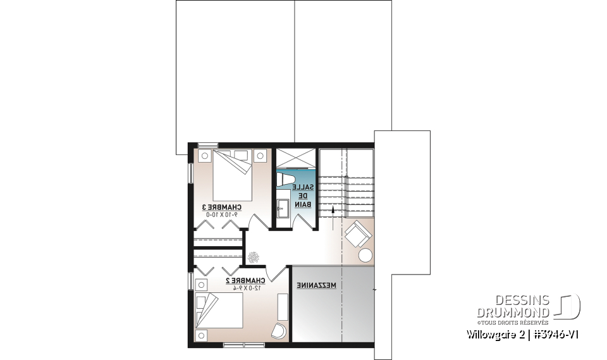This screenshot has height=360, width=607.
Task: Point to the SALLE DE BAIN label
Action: click(x=305, y=195)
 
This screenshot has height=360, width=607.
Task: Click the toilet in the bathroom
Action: click(x=287, y=180)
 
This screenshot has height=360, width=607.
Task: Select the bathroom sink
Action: click(x=282, y=206)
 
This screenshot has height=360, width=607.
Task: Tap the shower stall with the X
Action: click(x=295, y=158)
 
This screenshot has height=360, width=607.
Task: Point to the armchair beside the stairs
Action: click(x=357, y=234)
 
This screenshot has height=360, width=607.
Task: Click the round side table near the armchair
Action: click(x=365, y=255)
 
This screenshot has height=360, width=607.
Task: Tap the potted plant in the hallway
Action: click(x=254, y=256)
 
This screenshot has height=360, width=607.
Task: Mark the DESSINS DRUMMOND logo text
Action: click(x=513, y=305)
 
